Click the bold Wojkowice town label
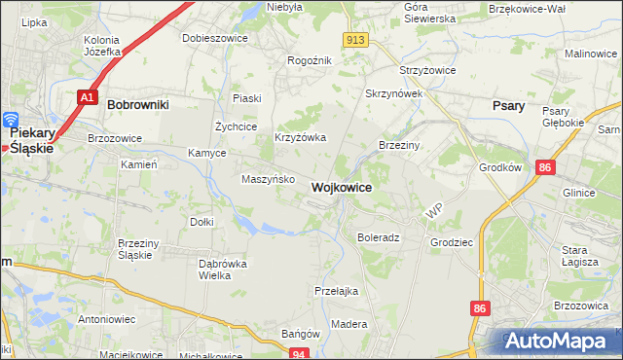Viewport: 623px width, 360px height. (341, 187)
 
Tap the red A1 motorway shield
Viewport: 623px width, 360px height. (87, 97)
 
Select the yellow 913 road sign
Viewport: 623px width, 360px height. (355, 39)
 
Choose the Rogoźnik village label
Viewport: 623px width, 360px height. (310, 60)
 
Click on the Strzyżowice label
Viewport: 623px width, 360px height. (428, 71)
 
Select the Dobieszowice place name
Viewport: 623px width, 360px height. (214, 38)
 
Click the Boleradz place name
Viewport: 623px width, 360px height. (379, 237)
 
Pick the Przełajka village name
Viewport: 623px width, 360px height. (337, 290)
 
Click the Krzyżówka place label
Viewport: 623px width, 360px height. (300, 138)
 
